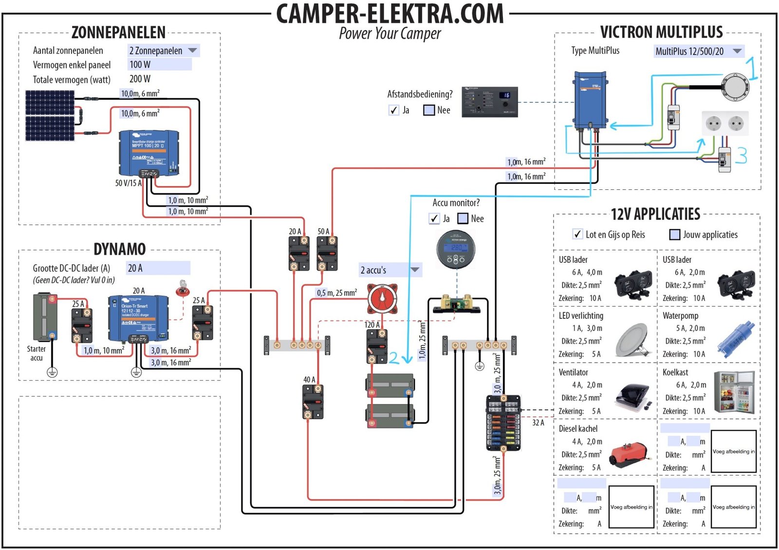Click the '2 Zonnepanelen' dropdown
click(x=163, y=51)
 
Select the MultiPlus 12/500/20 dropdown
click(x=698, y=51)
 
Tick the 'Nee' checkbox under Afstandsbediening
click(x=429, y=110)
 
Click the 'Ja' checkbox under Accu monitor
click(x=434, y=219)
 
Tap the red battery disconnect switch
click(x=382, y=298)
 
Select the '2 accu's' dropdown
click(x=389, y=270)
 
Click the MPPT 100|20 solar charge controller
click(x=149, y=152)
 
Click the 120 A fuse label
click(x=372, y=325)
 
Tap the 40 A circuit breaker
click(x=313, y=402)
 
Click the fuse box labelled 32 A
click(x=503, y=422)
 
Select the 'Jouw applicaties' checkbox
click(x=675, y=235)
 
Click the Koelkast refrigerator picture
click(x=734, y=392)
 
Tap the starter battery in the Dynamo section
click(x=45, y=317)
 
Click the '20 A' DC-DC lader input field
click(x=158, y=268)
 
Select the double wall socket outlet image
click(x=724, y=124)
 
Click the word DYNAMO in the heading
click(x=120, y=249)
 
